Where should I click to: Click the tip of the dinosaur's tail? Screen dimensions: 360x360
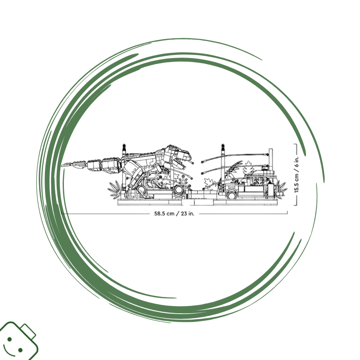61,165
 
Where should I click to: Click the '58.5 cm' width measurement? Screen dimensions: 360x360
164,213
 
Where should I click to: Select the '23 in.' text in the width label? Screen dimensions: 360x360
188,213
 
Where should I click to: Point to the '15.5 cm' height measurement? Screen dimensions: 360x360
297,183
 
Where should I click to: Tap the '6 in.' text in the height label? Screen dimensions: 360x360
297,162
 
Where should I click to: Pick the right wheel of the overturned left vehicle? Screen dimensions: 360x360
178,190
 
